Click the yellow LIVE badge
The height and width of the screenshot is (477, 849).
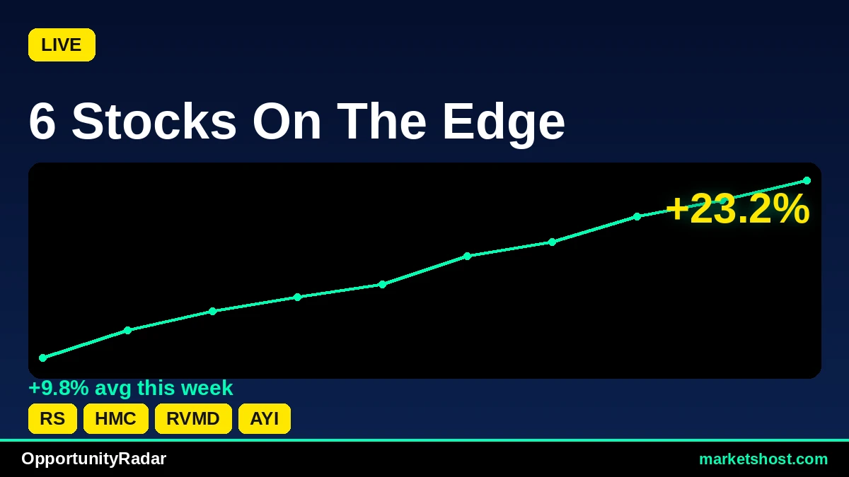click(62, 45)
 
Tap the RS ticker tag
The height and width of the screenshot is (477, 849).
click(52, 418)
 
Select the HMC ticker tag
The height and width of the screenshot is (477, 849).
click(115, 418)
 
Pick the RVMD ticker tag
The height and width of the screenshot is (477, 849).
click(193, 418)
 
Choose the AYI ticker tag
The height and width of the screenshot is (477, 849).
click(265, 418)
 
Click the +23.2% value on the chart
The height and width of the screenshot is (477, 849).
click(737, 208)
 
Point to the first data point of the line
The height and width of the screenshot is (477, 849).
click(43, 358)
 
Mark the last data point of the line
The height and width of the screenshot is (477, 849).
click(807, 181)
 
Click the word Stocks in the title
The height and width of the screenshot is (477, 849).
click(154, 122)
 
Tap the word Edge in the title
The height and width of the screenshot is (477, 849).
click(504, 125)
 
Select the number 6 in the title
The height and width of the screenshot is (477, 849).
click(42, 122)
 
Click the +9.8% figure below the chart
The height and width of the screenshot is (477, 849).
click(59, 388)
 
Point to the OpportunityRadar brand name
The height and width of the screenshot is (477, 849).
click(93, 459)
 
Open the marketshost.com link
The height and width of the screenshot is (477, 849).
click(763, 459)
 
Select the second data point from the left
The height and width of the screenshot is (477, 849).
click(128, 331)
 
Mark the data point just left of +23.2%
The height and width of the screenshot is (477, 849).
click(637, 216)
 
